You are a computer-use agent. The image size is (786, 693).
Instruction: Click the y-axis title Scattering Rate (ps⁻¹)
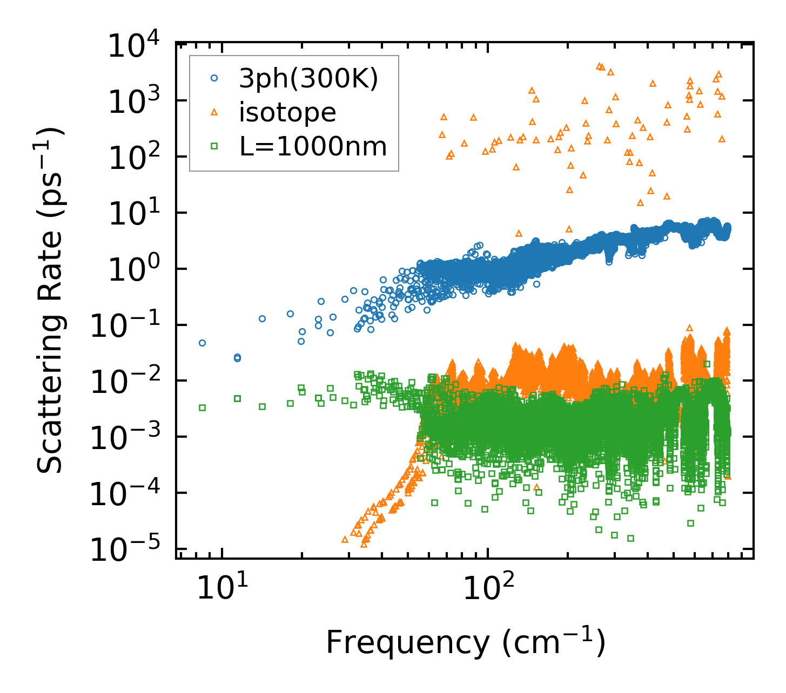click(x=51, y=300)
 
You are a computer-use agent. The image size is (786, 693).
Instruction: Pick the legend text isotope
click(x=288, y=112)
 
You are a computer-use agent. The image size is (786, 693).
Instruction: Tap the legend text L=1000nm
click(x=313, y=146)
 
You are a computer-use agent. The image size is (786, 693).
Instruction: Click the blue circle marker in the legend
click(x=214, y=78)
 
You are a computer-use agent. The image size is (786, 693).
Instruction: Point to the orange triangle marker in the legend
click(x=214, y=112)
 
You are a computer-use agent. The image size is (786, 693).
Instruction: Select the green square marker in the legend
click(x=214, y=146)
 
